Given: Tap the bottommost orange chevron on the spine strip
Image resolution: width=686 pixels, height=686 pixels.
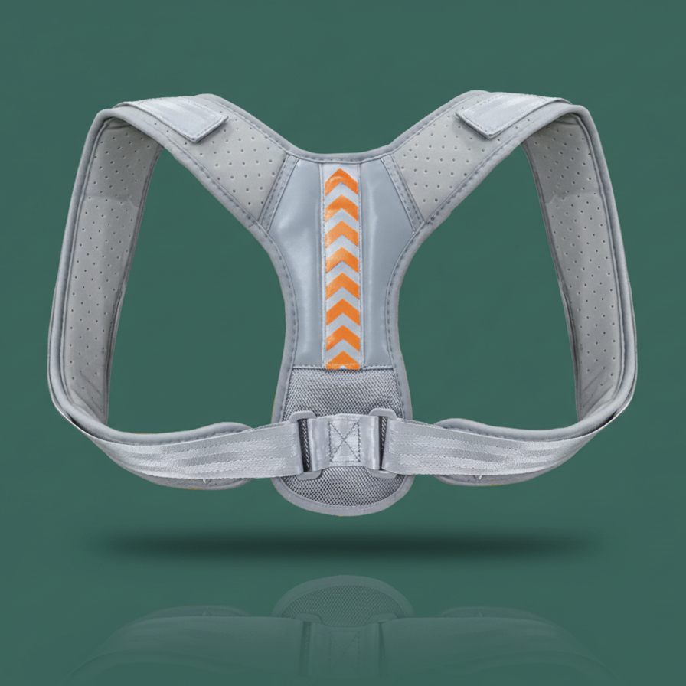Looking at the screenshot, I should (342, 361).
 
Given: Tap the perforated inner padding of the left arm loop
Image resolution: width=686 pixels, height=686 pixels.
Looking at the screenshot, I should (92, 268).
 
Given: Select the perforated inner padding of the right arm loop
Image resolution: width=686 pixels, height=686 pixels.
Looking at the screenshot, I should (590, 268).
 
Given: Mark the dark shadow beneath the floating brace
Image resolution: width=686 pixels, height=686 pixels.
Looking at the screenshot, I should (342, 545).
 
